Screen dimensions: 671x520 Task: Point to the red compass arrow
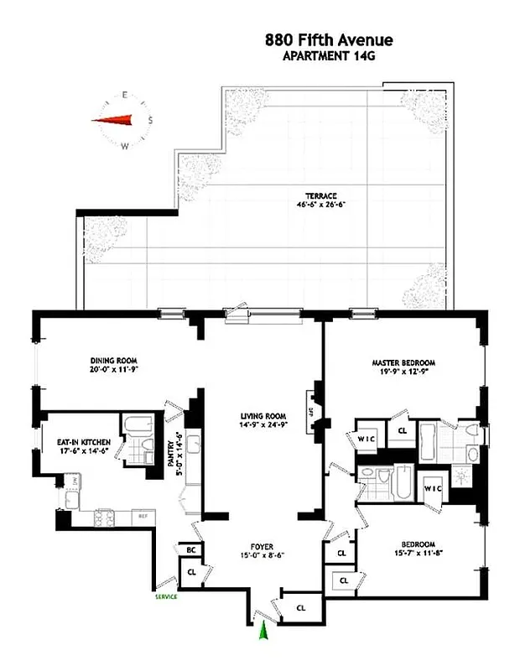[x=117, y=121]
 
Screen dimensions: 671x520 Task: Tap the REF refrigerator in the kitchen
[x=143, y=516]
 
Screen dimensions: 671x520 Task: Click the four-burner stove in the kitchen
[x=107, y=516]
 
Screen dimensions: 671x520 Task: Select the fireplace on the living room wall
[x=316, y=412]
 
